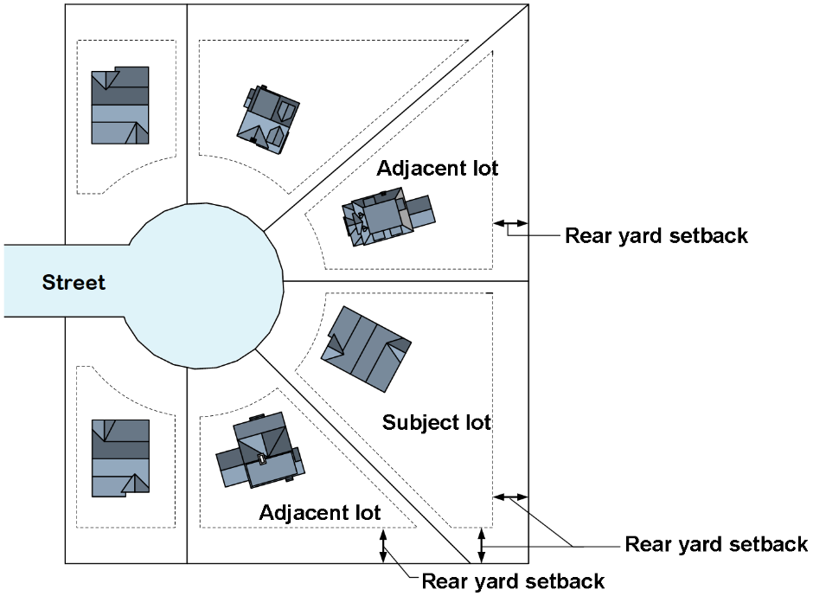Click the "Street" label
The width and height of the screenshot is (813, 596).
click(74, 282)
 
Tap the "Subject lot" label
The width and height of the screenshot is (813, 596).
click(436, 423)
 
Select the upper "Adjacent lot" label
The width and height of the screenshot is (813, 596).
click(437, 168)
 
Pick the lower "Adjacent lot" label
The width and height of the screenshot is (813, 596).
click(319, 512)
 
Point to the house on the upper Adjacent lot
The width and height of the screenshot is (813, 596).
click(387, 216)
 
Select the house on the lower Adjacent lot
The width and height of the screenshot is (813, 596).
click(259, 453)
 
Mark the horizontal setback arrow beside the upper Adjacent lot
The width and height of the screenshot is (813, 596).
click(510, 224)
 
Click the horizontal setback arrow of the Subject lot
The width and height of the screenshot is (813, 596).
click(510, 497)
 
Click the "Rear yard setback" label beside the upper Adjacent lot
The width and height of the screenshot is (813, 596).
click(656, 235)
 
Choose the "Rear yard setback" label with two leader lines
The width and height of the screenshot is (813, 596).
click(715, 544)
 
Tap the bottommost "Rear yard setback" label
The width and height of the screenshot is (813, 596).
click(512, 580)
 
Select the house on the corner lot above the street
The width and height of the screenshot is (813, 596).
click(120, 106)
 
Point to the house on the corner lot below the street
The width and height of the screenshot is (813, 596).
click(120, 458)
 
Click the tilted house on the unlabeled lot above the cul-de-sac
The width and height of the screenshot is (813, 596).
click(269, 119)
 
